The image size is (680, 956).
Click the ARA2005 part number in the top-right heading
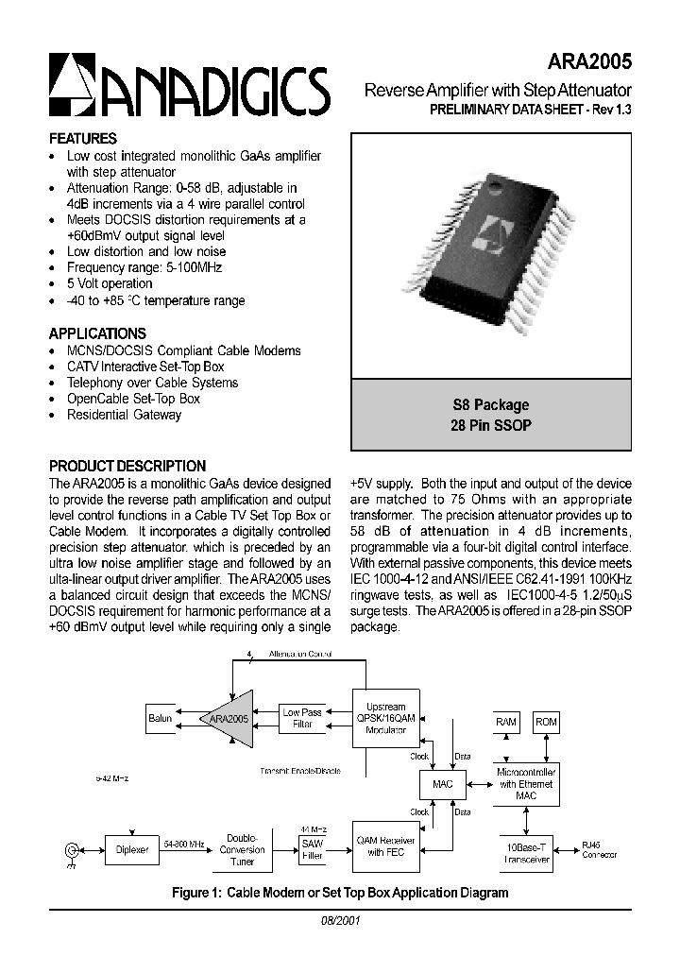point(590,60)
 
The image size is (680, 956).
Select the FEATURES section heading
point(83,138)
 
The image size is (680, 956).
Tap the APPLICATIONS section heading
point(97,333)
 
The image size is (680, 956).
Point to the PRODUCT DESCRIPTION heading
point(127,466)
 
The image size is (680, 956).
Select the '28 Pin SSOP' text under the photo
point(491,426)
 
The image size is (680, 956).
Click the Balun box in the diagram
point(160,718)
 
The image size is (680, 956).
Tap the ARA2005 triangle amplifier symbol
point(228,719)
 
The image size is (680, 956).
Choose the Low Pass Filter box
point(302,719)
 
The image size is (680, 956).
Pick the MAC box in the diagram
point(441,784)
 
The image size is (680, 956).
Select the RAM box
point(506,723)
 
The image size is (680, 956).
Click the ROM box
point(546,723)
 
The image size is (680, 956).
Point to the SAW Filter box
point(312,848)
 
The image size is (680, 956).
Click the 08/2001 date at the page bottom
point(339,919)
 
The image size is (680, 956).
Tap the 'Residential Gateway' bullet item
point(124,415)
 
